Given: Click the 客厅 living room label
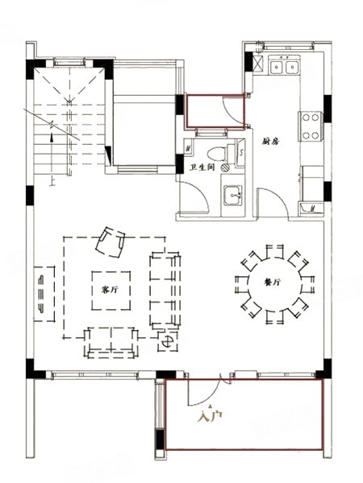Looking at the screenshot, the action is tap(110, 290).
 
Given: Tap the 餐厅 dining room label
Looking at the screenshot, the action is tap(273, 282).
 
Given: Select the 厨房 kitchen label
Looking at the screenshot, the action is tap(270, 142).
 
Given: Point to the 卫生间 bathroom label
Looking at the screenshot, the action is tap(202, 168).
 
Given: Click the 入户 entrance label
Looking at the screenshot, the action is tap(210, 417).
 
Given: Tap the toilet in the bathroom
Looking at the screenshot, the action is tap(219, 154).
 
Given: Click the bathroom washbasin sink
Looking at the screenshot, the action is tap(232, 196).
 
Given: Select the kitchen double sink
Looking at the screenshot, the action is tap(284, 67).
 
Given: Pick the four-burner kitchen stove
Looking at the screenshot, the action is tap(311, 126).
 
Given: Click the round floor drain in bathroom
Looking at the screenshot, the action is tap(225, 167).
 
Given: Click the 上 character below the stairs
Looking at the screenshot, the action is tap(52, 183).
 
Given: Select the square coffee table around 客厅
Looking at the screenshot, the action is tap(111, 291).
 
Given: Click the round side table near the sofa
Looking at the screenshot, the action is tap(167, 341).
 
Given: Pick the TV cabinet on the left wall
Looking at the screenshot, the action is tap(44, 294).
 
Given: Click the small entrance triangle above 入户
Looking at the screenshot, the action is tap(211, 406).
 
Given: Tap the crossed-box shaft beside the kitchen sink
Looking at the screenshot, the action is tap(258, 63).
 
